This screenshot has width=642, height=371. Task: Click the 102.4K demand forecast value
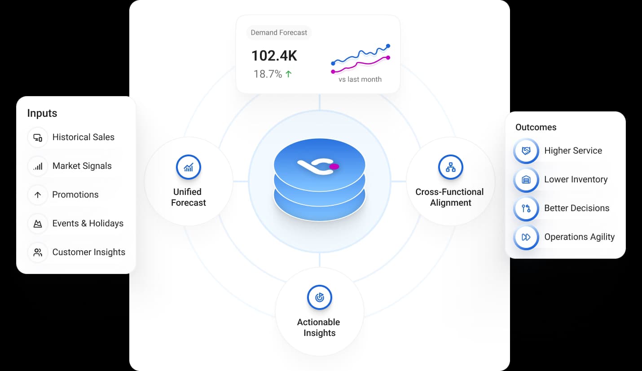click(x=274, y=56)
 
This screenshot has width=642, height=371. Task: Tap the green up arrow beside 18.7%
click(x=289, y=74)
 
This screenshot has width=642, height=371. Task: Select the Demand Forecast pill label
click(x=279, y=32)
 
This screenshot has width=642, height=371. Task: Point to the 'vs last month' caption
click(x=360, y=79)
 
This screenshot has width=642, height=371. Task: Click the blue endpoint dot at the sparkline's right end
click(x=388, y=46)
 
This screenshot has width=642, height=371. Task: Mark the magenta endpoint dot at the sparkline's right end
click(x=388, y=57)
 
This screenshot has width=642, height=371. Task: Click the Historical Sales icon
click(x=38, y=137)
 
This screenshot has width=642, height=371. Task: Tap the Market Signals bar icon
click(x=38, y=166)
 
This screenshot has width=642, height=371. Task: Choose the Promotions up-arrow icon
click(x=38, y=195)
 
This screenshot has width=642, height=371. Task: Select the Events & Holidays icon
click(x=38, y=224)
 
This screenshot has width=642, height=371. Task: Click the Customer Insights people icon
click(x=38, y=252)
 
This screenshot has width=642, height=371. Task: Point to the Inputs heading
click(x=42, y=113)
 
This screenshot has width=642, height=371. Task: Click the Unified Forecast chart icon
click(x=188, y=167)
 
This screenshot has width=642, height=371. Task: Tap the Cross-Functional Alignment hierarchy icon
click(x=451, y=167)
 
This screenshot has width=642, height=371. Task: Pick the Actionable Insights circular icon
click(x=320, y=297)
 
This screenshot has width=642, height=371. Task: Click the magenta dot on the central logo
click(x=334, y=167)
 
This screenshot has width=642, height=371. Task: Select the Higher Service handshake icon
click(x=526, y=151)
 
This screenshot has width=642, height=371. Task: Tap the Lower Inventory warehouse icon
click(x=526, y=180)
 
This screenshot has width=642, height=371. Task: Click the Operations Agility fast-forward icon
click(x=526, y=237)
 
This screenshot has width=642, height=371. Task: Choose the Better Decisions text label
click(x=576, y=208)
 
